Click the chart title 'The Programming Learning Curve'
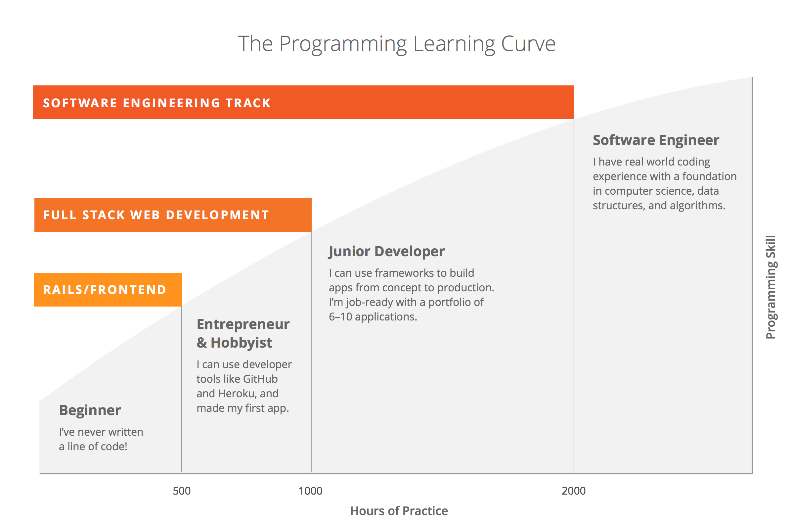[397, 44]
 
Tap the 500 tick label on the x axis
[182, 491]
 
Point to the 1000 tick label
[310, 491]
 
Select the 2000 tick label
[574, 491]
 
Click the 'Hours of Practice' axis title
[399, 511]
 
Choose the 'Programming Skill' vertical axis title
[771, 287]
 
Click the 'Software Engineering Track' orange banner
[304, 102]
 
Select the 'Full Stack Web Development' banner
[173, 215]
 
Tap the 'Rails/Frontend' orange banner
[108, 290]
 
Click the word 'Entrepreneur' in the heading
[243, 324]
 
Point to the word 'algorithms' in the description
[697, 206]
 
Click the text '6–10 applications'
[373, 317]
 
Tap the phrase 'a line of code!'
[93, 447]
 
